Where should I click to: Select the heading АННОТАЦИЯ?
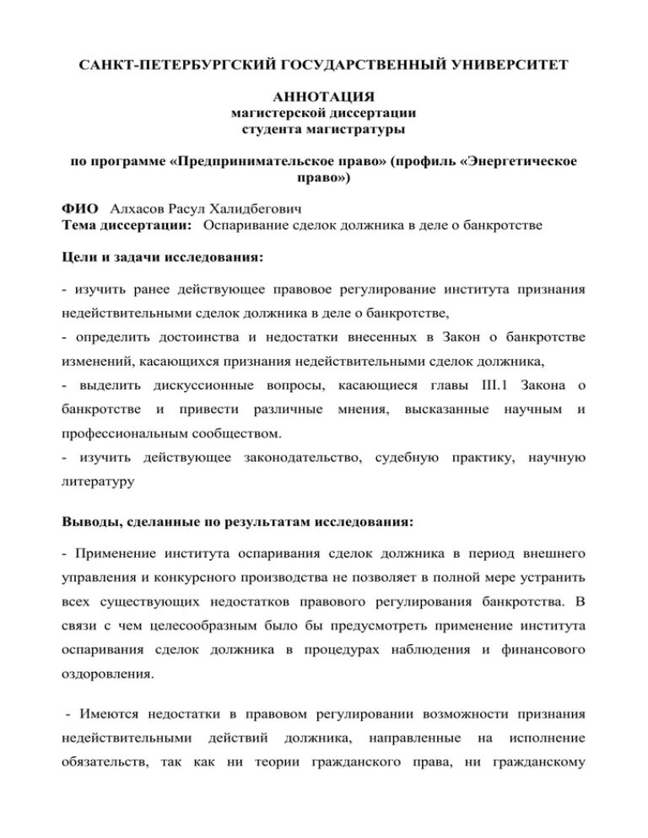[324, 98]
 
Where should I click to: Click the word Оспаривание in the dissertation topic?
[246, 225]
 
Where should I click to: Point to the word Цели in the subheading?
[81, 257]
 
